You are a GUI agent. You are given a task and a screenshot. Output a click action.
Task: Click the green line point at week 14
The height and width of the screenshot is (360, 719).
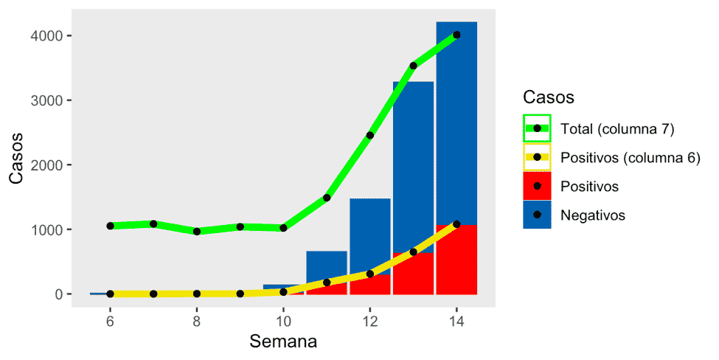(456, 35)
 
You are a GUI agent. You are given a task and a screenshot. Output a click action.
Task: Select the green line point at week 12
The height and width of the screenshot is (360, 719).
(370, 135)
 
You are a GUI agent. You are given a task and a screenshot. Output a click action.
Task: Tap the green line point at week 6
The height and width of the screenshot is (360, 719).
(110, 226)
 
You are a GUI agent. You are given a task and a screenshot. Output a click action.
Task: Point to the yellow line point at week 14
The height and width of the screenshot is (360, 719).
(456, 224)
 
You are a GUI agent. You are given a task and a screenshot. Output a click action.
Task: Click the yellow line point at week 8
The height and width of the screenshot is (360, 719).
(197, 294)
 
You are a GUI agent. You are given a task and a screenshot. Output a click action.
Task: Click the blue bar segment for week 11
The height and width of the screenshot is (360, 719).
(327, 266)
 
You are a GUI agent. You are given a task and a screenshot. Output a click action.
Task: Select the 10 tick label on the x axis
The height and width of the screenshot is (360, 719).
(283, 321)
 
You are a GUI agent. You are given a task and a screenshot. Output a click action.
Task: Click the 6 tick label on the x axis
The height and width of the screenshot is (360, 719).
(110, 321)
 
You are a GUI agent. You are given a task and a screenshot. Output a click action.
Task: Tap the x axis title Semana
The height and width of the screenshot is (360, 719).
(283, 342)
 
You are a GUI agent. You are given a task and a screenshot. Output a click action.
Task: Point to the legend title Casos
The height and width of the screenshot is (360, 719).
(548, 97)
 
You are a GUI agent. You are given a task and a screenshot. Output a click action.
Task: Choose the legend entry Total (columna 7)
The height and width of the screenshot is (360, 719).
(616, 128)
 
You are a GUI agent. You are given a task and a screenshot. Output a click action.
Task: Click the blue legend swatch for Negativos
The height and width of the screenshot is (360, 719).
(537, 215)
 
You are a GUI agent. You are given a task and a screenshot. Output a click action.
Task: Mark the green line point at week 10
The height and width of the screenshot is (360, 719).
(283, 228)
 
